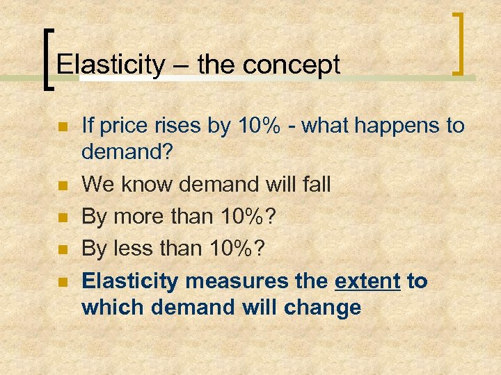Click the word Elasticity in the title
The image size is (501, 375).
coord(111,65)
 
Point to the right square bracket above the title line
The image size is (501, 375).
coord(459,42)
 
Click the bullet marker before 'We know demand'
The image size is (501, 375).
coord(61,185)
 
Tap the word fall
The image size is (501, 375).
coord(315,184)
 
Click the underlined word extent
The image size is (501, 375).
coord(367,281)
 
